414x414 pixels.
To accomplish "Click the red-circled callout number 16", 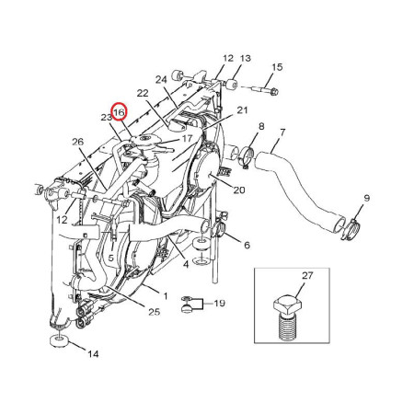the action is click(120, 112).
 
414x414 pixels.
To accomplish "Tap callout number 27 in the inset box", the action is click(307, 276).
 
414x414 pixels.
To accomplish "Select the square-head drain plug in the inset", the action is click(287, 319).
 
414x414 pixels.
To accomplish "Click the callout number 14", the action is click(93, 354).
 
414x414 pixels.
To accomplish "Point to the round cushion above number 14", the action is click(58, 341).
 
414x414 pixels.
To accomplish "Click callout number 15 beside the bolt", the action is click(277, 67).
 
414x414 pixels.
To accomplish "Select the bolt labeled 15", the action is click(265, 90).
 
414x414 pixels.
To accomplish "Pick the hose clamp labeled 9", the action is click(350, 230).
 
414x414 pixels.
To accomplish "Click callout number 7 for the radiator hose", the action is click(282, 133).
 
